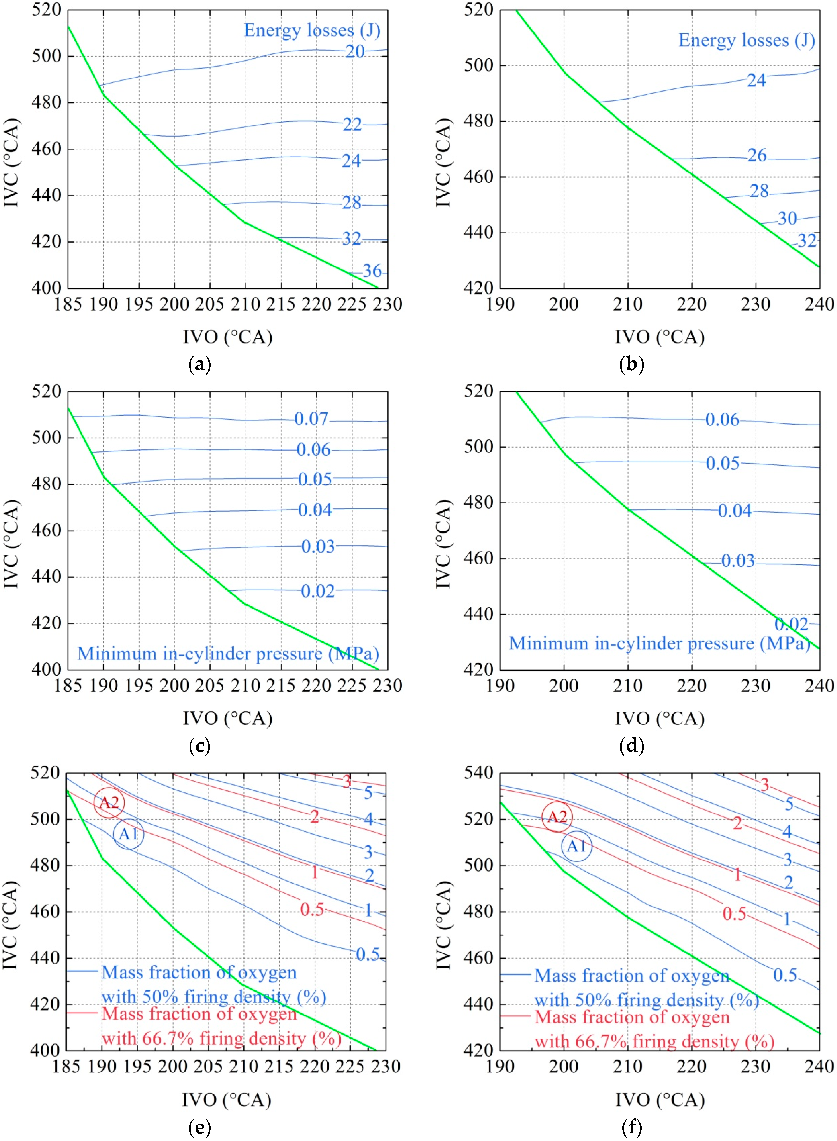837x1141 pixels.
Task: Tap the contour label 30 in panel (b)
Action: tap(787, 219)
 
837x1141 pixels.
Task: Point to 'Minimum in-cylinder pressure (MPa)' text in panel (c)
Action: tap(228, 654)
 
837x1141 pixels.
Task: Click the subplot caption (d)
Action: tap(631, 746)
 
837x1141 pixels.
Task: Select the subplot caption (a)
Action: tap(199, 365)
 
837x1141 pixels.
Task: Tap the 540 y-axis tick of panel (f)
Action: tap(478, 773)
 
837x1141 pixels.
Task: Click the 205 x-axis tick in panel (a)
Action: tap(210, 304)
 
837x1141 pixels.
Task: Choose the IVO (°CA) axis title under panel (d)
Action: tap(660, 719)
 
